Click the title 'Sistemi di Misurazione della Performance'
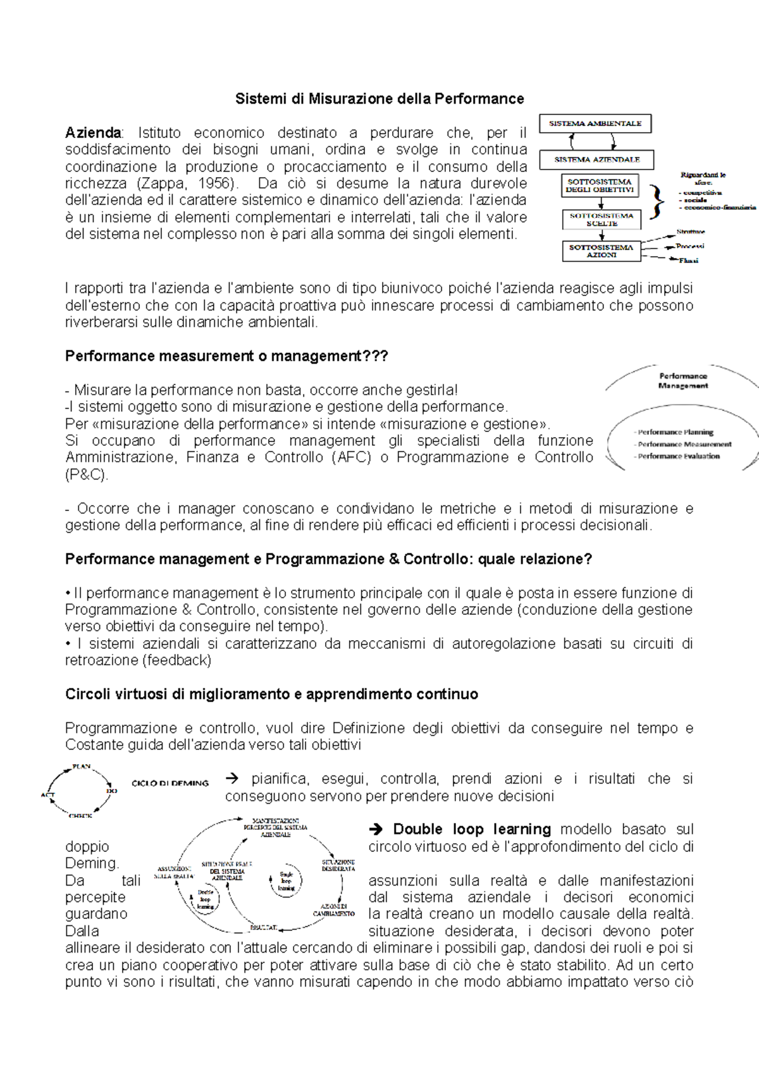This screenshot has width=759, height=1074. [x=379, y=99]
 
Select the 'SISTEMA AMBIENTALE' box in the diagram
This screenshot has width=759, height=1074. [x=595, y=123]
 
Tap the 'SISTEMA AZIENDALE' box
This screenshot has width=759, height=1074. [x=596, y=159]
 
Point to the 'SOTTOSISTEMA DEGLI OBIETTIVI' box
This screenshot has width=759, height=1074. [x=600, y=186]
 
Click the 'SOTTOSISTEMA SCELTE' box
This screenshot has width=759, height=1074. [x=601, y=219]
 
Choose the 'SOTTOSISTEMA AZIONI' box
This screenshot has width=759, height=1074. [x=601, y=251]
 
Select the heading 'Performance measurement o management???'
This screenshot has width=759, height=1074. [x=226, y=356]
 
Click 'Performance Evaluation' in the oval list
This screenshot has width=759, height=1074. [x=678, y=456]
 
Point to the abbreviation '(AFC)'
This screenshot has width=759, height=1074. [x=351, y=457]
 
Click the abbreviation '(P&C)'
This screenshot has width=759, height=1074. [x=87, y=474]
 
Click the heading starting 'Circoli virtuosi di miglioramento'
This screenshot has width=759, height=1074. [x=271, y=694]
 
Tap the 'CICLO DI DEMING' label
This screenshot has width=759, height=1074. [x=170, y=783]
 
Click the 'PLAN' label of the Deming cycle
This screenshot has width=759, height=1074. [x=82, y=767]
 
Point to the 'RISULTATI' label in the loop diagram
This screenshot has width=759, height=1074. [x=263, y=927]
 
